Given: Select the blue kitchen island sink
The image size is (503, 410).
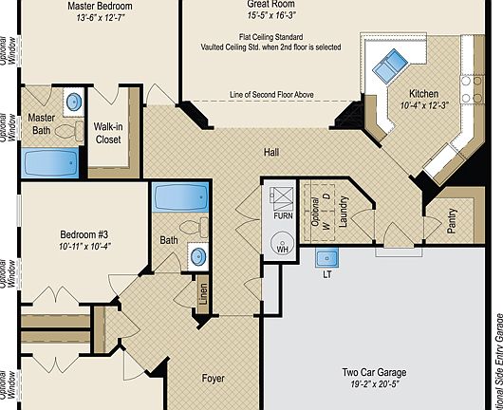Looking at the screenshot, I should click(x=387, y=66).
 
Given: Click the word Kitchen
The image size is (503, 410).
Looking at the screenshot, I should click(x=423, y=94).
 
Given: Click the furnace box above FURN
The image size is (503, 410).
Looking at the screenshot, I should click(x=283, y=196).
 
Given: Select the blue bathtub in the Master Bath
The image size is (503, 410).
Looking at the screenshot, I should click(x=50, y=163).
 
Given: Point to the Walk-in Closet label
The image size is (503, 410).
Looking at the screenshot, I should click(x=106, y=133).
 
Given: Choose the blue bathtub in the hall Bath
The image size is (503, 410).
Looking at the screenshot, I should click(x=180, y=199).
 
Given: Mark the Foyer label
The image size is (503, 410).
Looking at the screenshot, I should click(x=214, y=378).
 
